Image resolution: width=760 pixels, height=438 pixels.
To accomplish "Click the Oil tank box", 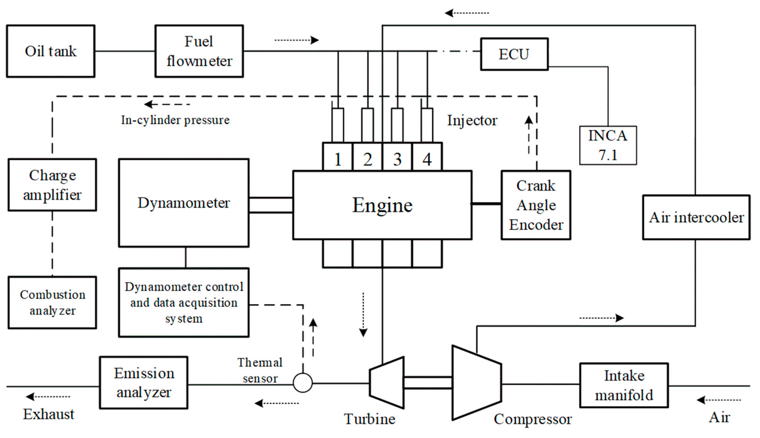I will (51, 51).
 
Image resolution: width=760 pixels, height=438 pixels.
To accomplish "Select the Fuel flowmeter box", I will (199, 51).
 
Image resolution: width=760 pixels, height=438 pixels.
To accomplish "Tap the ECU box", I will (514, 54).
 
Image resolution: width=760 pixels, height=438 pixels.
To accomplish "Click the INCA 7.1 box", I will (608, 145).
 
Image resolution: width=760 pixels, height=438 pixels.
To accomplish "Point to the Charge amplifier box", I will (52, 185).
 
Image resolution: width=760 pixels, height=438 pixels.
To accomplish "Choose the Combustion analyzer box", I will (52, 302).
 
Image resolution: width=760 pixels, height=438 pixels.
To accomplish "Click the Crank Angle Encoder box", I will (536, 205).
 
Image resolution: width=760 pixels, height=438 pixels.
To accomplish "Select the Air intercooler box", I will (696, 217).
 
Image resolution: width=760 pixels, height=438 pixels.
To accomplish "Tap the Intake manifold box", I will (624, 385).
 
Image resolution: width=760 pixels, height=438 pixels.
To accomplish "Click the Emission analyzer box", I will (144, 383).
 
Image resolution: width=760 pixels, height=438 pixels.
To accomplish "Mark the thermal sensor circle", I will (303, 383).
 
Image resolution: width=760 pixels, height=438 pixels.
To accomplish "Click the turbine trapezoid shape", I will (387, 383).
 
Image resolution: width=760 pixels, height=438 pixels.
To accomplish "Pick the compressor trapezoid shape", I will (476, 383).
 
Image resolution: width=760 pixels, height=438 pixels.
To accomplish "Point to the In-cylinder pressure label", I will (175, 120).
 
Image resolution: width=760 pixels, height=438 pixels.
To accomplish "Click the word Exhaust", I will (49, 414).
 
